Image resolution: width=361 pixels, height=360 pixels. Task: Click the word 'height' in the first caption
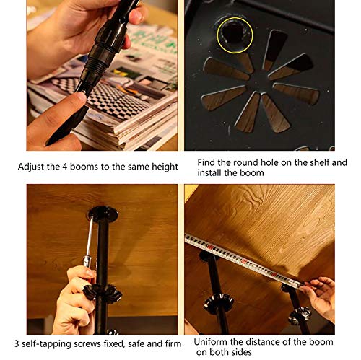[x=165, y=167]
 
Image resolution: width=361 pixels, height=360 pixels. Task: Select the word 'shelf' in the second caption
[x=320, y=162]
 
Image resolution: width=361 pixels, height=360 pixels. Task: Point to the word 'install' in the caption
[x=209, y=172]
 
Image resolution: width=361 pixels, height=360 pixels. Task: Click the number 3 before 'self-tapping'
[x=17, y=343]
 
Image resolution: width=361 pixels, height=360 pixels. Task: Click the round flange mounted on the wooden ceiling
[x=103, y=214]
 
